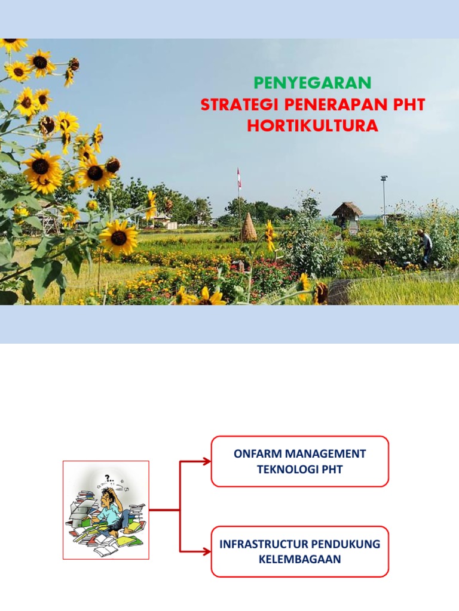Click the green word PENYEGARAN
tap(313, 83)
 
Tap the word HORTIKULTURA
tap(313, 126)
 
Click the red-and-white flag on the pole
tap(240, 177)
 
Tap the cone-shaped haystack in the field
tap(249, 227)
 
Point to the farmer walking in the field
tap(426, 246)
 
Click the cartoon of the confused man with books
tap(106, 510)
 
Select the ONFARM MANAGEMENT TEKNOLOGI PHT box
tap(300, 461)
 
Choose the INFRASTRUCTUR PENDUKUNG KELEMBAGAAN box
tap(300, 551)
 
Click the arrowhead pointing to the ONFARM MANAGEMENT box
tap(206, 461)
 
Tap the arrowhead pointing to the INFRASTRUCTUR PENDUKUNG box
tap(206, 552)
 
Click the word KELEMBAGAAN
tap(299, 559)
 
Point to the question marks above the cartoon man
tap(109, 479)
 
